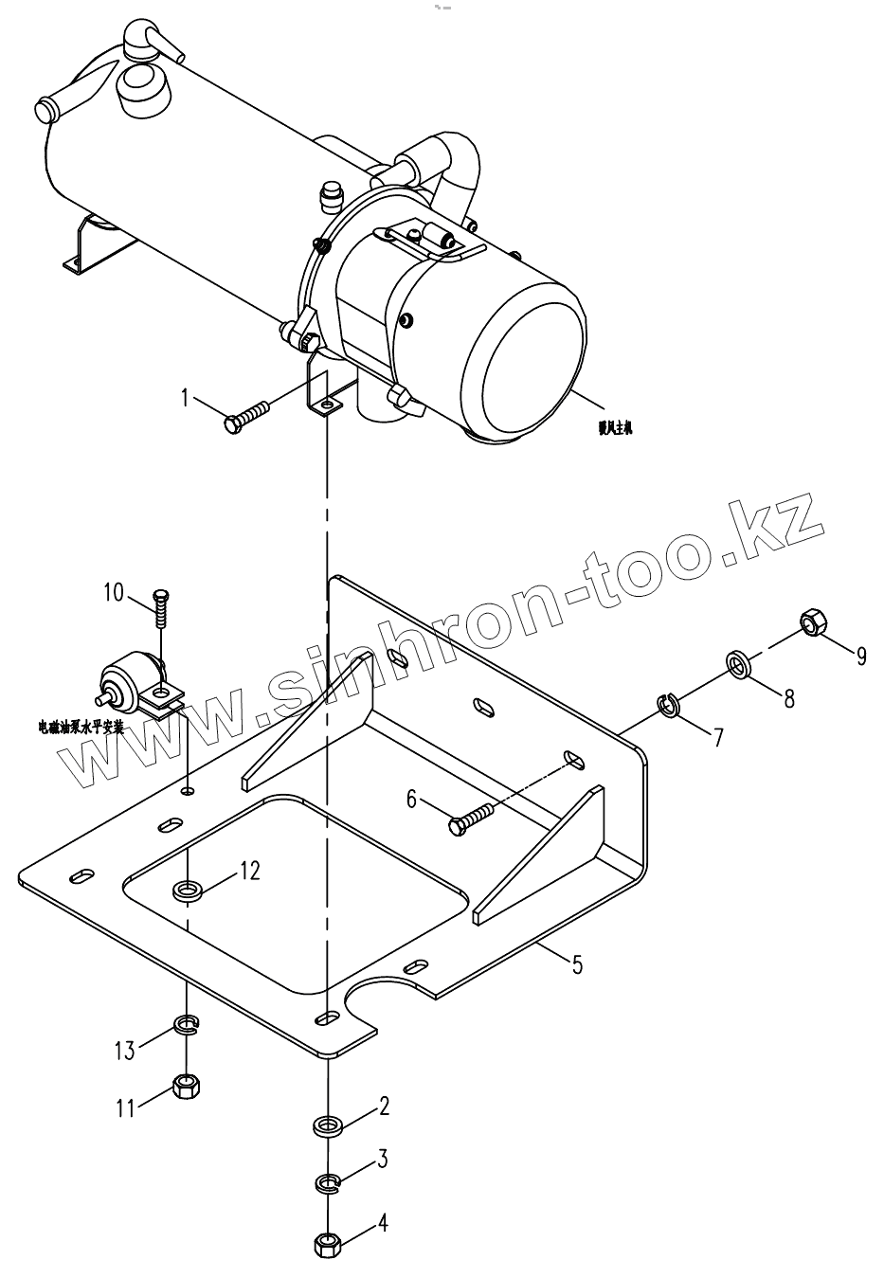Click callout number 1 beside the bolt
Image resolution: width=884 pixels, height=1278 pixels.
pyautogui.click(x=186, y=398)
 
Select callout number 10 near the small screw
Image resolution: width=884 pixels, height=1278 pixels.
pyautogui.click(x=114, y=593)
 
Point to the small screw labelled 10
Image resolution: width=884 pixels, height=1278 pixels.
pyautogui.click(x=162, y=606)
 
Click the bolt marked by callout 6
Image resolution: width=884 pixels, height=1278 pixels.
pyautogui.click(x=471, y=817)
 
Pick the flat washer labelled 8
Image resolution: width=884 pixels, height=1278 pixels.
pyautogui.click(x=740, y=663)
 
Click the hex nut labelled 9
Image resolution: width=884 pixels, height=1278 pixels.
pyautogui.click(x=812, y=623)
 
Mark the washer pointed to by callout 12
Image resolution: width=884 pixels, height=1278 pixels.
pyautogui.click(x=187, y=890)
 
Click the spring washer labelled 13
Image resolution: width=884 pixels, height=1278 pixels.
pyautogui.click(x=187, y=1024)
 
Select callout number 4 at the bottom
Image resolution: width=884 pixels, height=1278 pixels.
pyautogui.click(x=383, y=1223)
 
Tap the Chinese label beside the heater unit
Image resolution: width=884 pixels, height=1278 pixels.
pyautogui.click(x=615, y=428)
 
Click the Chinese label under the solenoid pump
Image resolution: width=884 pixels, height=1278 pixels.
pyautogui.click(x=81, y=727)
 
